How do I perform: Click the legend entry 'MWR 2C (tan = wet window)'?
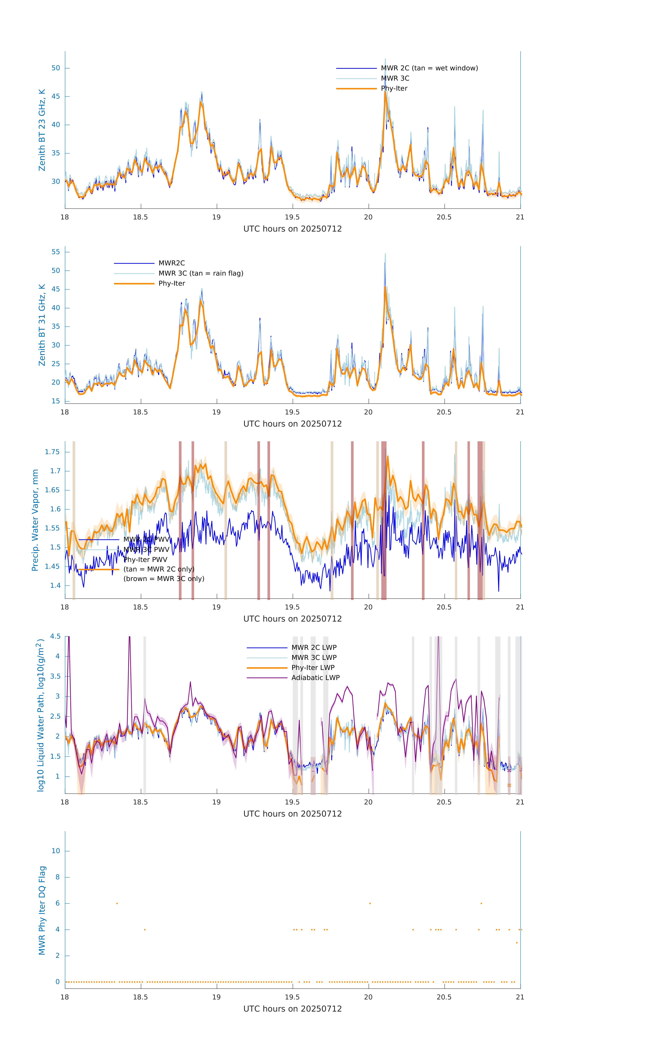point(429,68)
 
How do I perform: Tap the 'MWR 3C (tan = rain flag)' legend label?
point(201,273)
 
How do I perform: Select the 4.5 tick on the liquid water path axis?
point(55,636)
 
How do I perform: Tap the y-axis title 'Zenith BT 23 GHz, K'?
point(42,130)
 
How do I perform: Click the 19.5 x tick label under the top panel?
point(292,217)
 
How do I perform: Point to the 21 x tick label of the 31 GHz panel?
point(520,412)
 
